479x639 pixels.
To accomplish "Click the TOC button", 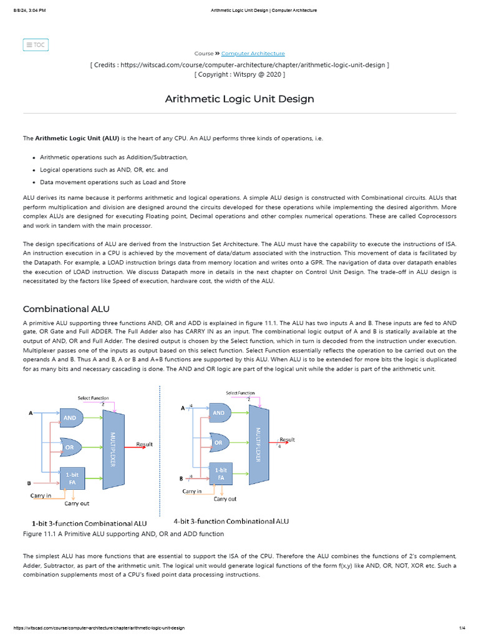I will (36, 45).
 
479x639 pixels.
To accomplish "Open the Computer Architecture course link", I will (253, 54).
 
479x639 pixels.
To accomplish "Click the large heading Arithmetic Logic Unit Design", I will (239, 99).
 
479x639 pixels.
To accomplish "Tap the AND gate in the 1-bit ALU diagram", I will (70, 417).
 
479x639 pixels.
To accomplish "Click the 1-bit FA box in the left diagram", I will (72, 479).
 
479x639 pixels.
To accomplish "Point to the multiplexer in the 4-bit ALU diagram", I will (259, 444).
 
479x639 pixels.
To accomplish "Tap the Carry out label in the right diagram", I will (225, 499).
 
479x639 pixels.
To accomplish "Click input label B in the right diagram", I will (181, 479).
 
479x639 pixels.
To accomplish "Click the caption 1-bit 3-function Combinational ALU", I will (90, 523).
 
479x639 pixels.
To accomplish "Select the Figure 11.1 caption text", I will (123, 534).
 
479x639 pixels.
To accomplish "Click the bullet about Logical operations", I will (104, 170).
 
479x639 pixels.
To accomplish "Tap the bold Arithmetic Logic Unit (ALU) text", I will (77, 138).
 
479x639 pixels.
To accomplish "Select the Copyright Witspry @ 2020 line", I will (239, 74).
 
